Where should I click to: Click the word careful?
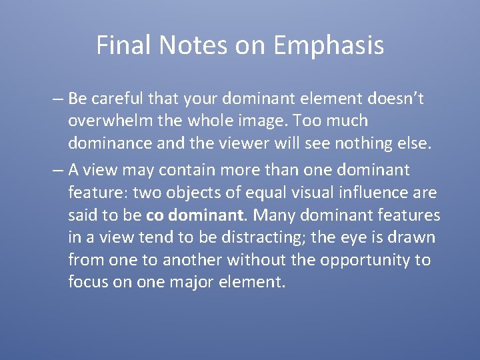coord(117,99)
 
